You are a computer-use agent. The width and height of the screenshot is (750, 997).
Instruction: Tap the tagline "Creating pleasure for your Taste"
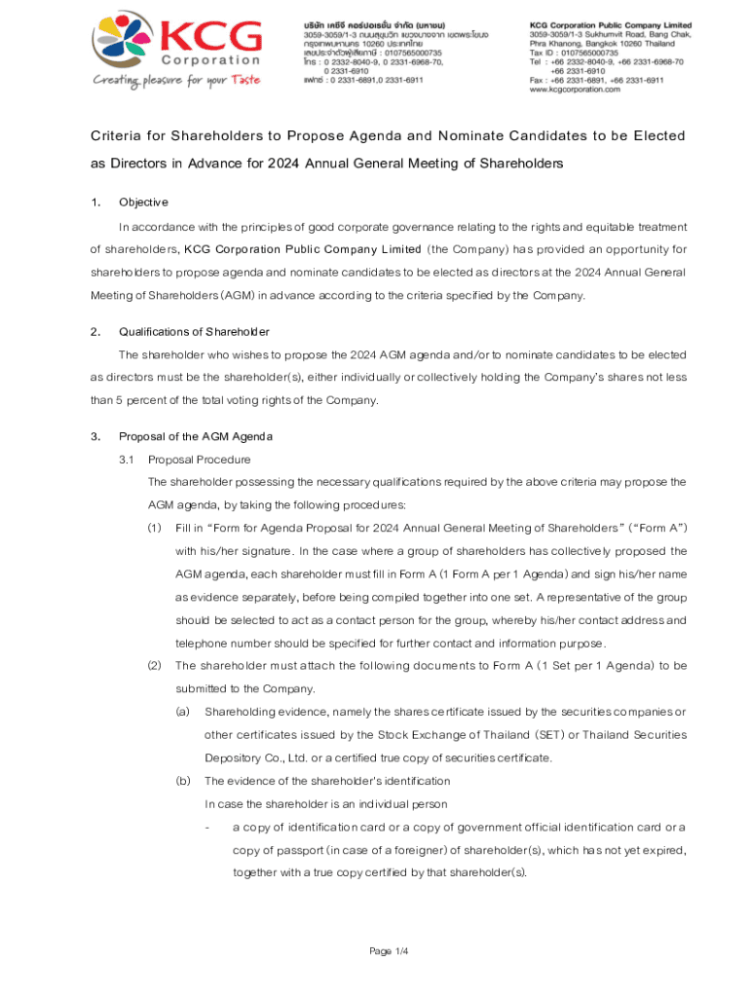point(176,80)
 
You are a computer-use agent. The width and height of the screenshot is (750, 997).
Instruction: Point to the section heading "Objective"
point(143,203)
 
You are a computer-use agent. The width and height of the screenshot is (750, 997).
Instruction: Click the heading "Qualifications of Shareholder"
point(194,331)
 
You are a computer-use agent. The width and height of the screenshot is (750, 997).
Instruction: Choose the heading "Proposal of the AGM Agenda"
point(196,435)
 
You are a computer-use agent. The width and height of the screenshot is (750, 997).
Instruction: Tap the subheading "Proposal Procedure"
point(199,460)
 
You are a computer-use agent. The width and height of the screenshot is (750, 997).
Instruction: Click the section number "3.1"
point(127,460)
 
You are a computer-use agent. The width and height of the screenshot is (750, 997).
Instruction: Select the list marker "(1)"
point(154,528)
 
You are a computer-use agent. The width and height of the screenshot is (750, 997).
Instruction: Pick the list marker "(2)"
point(154,666)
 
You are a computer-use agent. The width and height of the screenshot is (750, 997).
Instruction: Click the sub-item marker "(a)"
point(182,712)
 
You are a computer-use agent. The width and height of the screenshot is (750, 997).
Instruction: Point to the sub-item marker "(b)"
point(182,781)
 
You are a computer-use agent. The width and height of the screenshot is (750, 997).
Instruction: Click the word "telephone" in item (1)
point(204,643)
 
